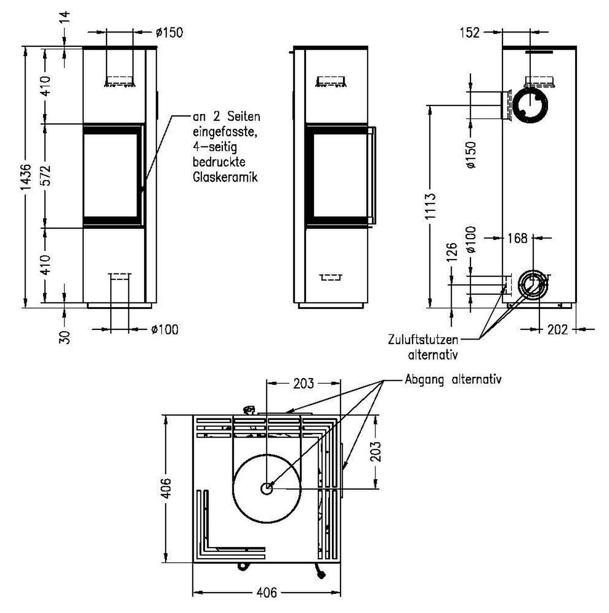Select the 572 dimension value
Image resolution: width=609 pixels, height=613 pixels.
pos(46,175)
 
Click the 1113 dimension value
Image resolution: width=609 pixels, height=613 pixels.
pos(430,205)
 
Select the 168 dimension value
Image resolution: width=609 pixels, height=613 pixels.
pos(517,237)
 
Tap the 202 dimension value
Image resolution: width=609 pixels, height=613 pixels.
pos(558,329)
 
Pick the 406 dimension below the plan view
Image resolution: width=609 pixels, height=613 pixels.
pos(266,593)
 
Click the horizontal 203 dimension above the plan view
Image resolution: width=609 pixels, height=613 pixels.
pos(303,383)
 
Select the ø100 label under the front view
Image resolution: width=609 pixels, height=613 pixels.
pos(164,329)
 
